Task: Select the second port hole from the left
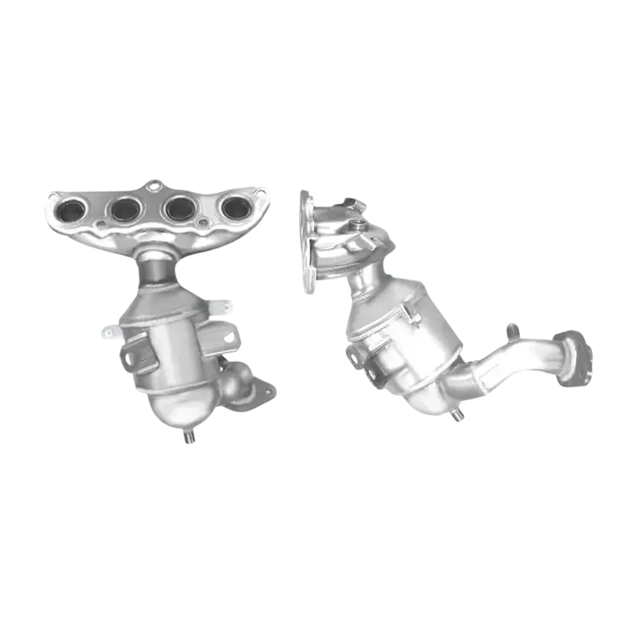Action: coord(126,208)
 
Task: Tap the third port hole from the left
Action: coord(180,207)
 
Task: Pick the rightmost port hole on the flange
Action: coord(234,207)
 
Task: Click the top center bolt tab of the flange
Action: coord(154,185)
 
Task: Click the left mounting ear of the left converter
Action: coord(110,331)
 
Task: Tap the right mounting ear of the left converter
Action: coord(227,305)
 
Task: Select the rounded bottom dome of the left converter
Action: coord(174,412)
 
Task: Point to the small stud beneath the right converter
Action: coord(459,415)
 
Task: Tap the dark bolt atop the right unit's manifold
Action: coord(348,201)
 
